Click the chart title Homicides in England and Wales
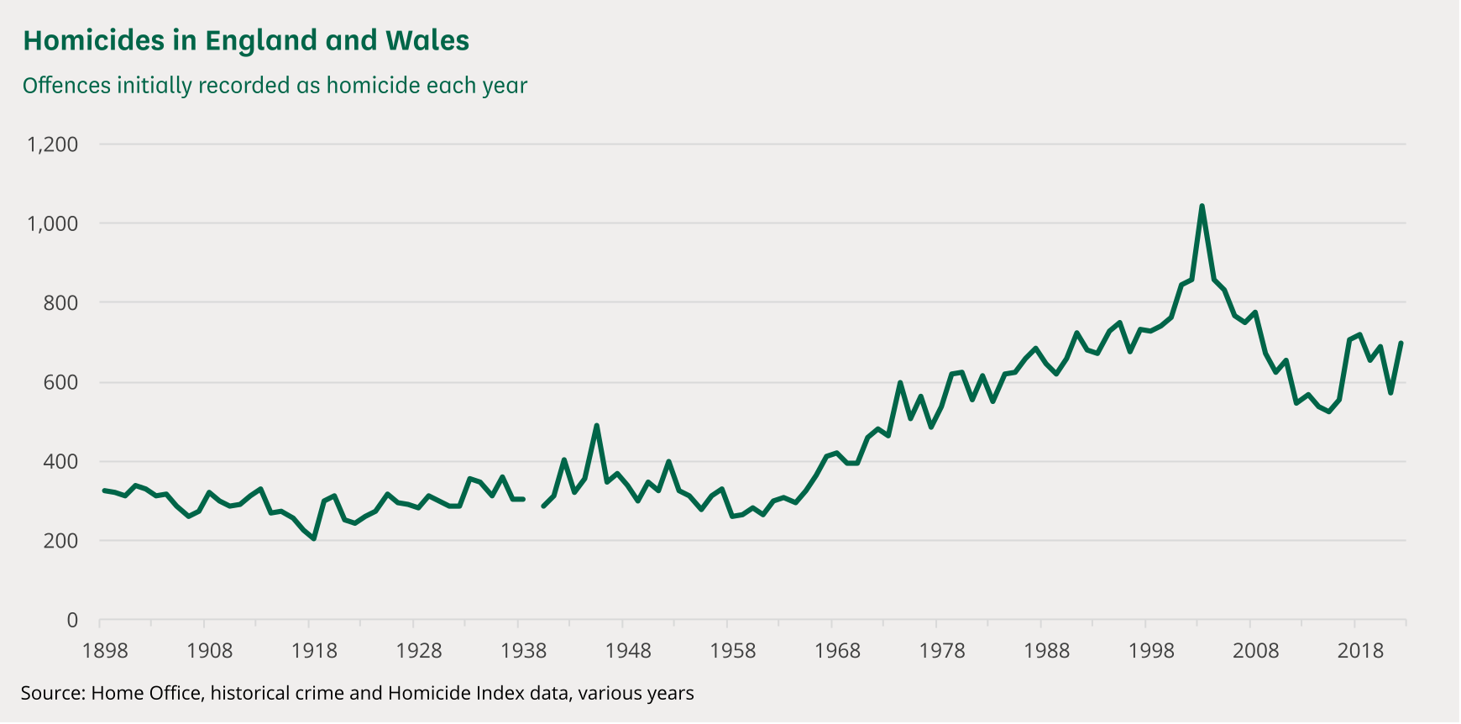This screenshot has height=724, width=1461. (246, 40)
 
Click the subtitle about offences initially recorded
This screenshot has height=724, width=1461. (275, 86)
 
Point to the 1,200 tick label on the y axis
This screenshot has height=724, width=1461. (52, 144)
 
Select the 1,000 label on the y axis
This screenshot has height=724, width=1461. (52, 223)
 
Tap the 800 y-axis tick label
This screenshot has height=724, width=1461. (60, 303)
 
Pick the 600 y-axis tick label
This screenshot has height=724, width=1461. (60, 382)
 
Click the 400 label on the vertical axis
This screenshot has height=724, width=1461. (60, 462)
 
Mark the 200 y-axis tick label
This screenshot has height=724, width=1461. (60, 541)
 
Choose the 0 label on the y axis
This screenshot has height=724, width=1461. (72, 621)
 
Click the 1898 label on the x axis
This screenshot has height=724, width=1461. (105, 651)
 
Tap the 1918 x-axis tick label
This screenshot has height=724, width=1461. (314, 651)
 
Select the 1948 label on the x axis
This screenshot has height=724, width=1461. (628, 651)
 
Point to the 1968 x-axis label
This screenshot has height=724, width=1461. (837, 651)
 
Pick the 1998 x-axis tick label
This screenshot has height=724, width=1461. (1151, 651)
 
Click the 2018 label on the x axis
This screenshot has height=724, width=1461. (1360, 651)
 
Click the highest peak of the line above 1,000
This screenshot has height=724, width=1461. (1202, 206)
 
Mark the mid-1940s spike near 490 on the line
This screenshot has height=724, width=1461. (596, 426)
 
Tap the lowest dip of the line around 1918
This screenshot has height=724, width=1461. (314, 538)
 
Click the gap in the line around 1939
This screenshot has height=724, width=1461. (533, 502)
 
